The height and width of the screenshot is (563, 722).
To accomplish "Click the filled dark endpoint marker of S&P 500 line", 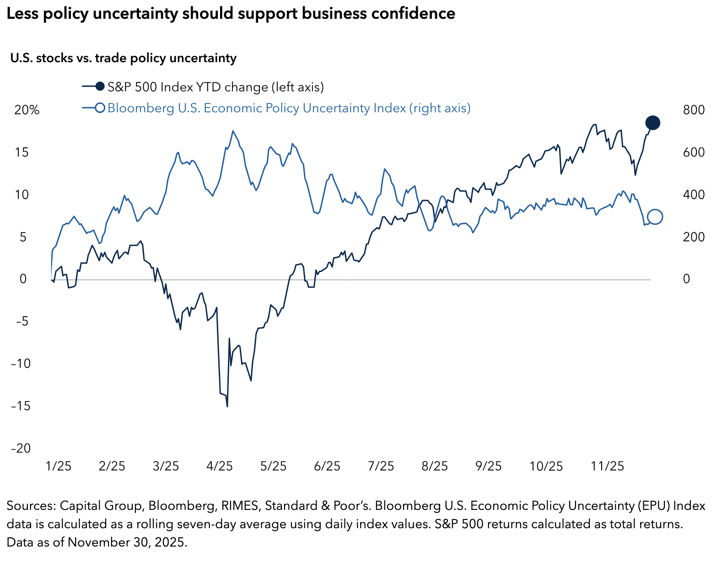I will tap(652, 123).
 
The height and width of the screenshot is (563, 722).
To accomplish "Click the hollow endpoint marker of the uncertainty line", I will tap(655, 217).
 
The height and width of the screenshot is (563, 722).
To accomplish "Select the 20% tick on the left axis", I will tap(27, 110).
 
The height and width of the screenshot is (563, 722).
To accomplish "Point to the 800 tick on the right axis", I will tap(694, 110).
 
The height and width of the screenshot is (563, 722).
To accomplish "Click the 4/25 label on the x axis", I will tap(220, 466).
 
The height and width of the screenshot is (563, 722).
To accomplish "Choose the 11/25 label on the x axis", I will tap(608, 466).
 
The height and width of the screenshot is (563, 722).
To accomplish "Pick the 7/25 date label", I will tap(381, 466).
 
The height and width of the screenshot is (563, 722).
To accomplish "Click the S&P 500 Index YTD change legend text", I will tap(216, 87).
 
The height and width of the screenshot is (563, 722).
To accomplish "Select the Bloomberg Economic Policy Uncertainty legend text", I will tap(289, 108).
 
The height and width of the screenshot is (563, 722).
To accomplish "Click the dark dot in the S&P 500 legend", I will tap(100, 86).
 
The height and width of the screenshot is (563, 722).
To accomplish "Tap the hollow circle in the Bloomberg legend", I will tap(100, 108).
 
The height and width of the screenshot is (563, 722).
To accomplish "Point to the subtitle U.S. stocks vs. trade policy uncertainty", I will tap(123, 58).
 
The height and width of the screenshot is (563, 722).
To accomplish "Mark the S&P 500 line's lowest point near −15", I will tap(227, 406).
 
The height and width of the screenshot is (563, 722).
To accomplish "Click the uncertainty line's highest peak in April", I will tap(233, 131).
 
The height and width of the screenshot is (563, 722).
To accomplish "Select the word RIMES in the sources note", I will tap(239, 506).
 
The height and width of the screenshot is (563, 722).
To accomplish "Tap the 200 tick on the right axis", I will tap(694, 237).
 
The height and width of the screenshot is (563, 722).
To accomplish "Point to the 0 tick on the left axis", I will tap(23, 279).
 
